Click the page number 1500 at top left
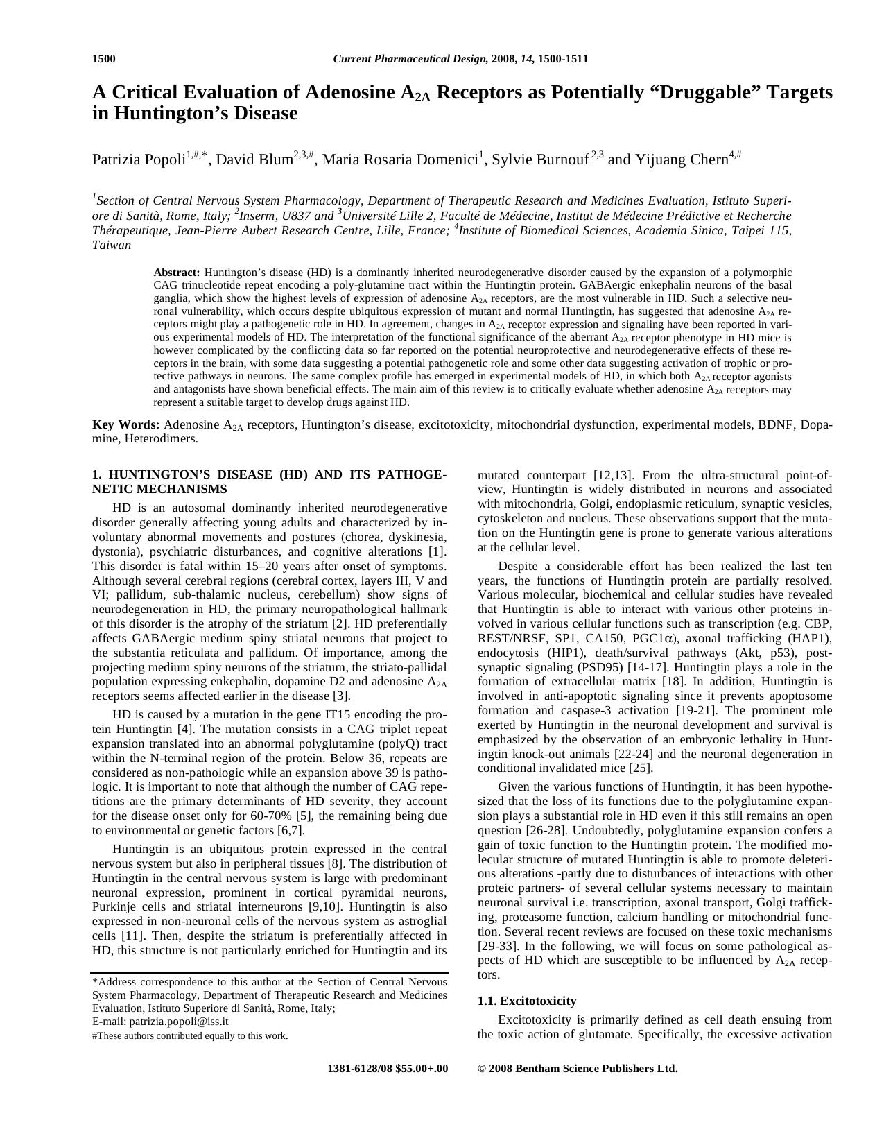point(104,59)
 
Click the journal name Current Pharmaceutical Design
point(410,59)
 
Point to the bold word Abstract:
point(177,273)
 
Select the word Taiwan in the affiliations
point(111,245)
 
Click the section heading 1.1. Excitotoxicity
point(527,1001)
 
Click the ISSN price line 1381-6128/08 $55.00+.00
point(388,1069)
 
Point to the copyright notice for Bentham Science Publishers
point(578,1069)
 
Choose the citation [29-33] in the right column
point(499,946)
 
